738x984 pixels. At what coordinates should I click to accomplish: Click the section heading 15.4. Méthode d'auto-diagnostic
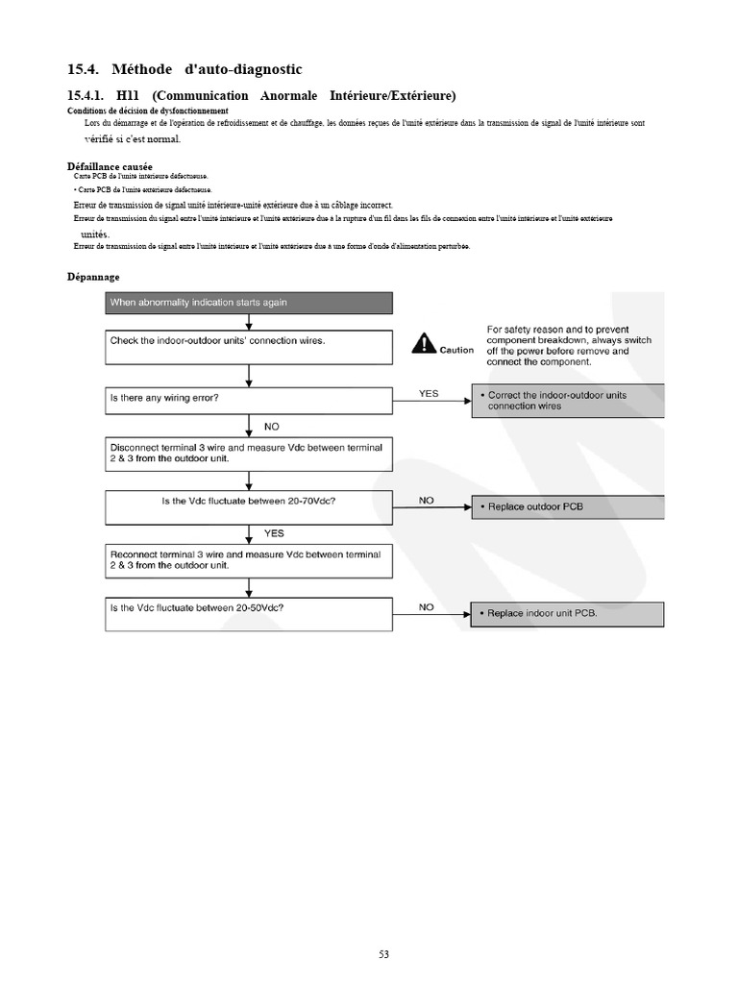(184, 69)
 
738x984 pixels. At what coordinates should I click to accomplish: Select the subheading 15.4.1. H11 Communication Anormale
(261, 95)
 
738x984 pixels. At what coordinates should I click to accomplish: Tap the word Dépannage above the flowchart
(93, 277)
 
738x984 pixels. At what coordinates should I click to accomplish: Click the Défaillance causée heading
(110, 166)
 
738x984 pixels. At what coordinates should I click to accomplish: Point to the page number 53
(383, 954)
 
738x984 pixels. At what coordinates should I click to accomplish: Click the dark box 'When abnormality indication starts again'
(248, 303)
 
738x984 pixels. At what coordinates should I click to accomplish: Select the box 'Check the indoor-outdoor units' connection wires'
(248, 347)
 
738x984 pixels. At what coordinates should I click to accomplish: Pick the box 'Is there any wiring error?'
(248, 400)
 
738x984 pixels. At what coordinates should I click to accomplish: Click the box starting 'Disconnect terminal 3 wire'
(248, 453)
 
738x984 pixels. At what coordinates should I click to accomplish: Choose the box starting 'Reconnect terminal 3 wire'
(248, 561)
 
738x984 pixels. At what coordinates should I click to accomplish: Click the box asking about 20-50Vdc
(248, 613)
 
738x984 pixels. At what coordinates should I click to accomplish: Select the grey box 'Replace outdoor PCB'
(567, 506)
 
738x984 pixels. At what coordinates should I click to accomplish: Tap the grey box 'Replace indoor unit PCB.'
(567, 614)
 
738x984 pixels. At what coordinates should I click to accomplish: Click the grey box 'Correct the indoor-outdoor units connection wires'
(567, 401)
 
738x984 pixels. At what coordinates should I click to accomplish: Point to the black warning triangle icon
(424, 344)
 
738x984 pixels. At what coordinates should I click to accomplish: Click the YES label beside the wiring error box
(429, 393)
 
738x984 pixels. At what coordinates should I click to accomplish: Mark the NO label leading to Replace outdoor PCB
(427, 500)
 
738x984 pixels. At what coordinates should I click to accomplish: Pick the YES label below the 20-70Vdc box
(274, 531)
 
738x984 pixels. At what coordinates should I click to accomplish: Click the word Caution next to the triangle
(456, 351)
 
